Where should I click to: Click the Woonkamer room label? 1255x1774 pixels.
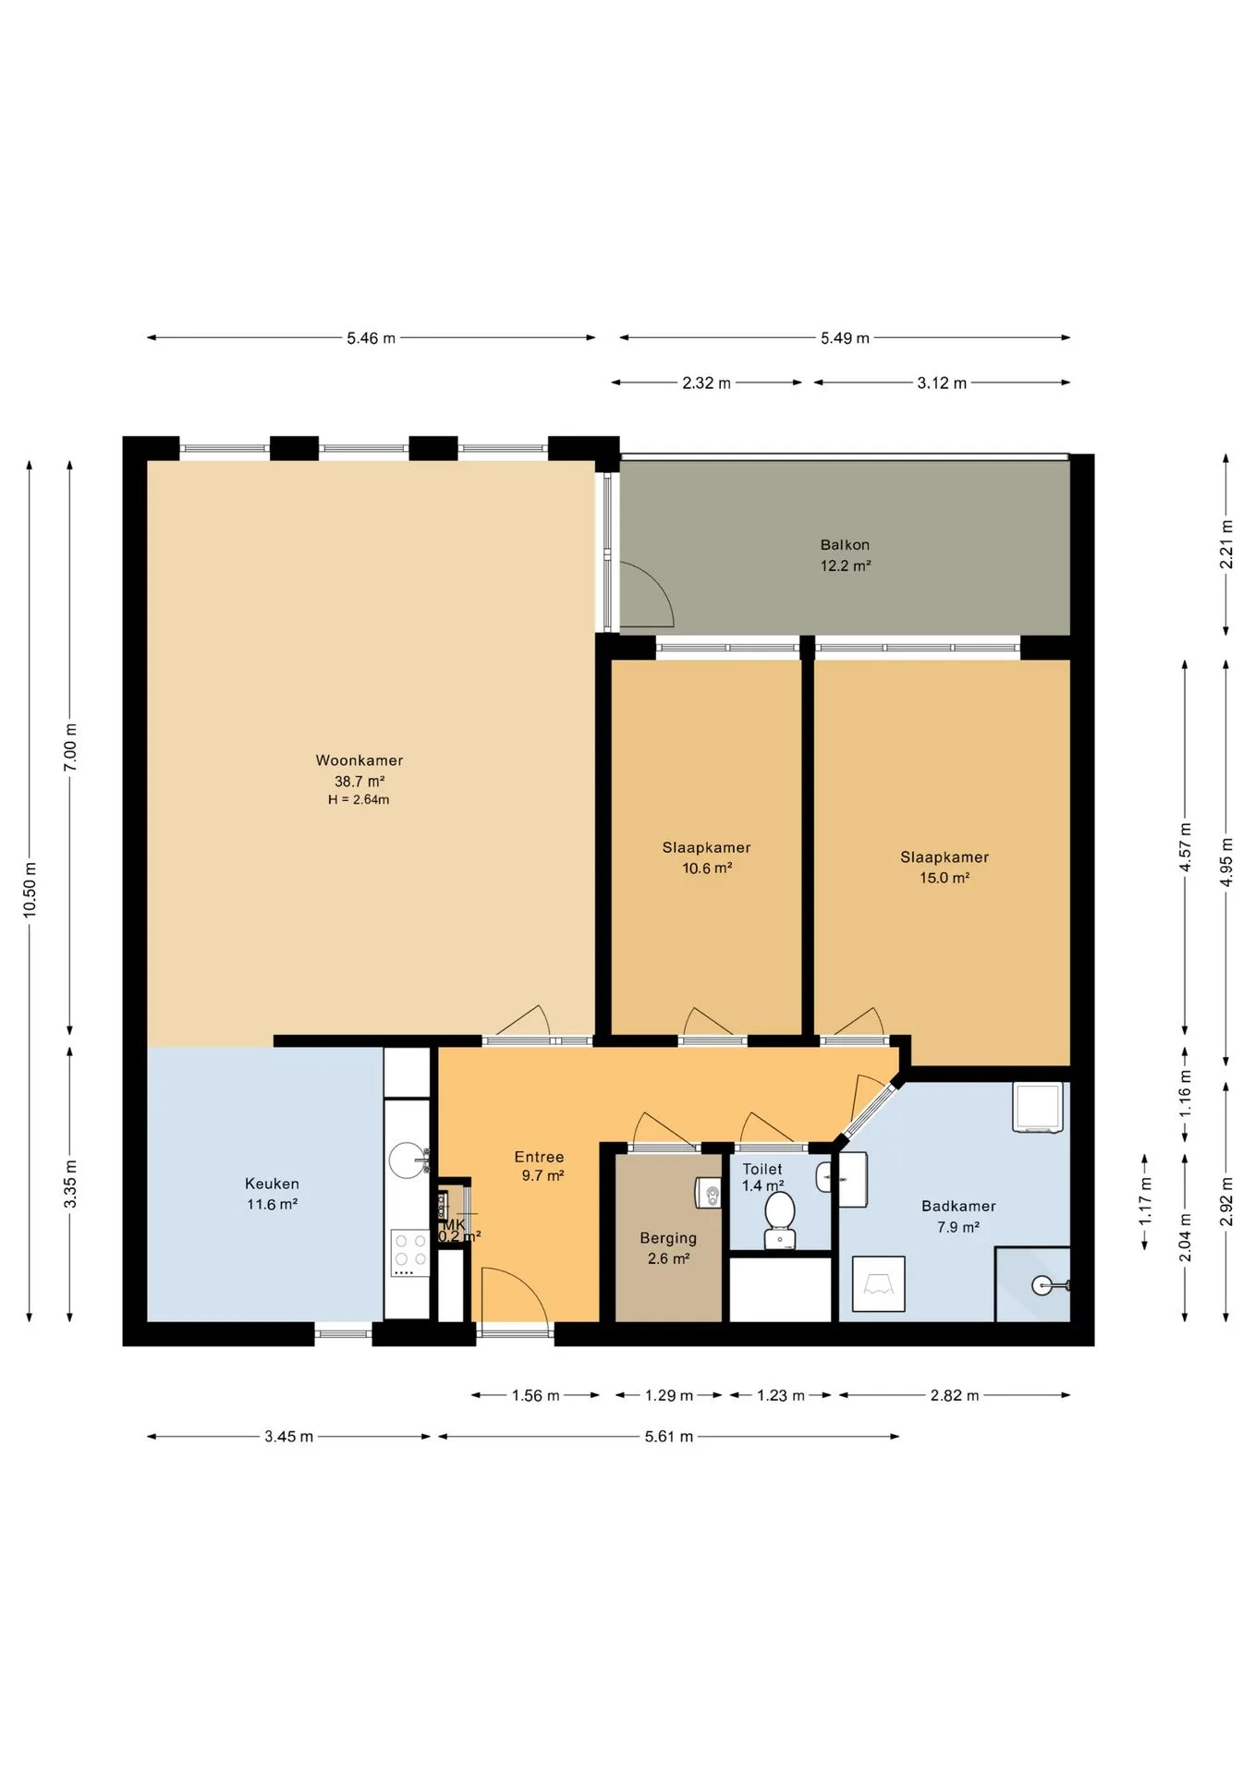(x=359, y=760)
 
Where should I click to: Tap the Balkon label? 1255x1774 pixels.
(x=845, y=545)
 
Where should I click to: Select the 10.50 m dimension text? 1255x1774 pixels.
(x=30, y=889)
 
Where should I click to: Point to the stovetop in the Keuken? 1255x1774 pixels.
(x=408, y=1252)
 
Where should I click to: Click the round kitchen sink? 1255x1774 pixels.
(x=408, y=1160)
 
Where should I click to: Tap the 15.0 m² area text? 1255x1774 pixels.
(x=944, y=878)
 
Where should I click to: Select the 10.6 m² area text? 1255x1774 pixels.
(x=707, y=868)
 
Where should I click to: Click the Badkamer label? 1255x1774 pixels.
(x=958, y=1206)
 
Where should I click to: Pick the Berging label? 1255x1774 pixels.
(x=668, y=1238)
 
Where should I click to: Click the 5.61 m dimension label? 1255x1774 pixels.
(x=669, y=1436)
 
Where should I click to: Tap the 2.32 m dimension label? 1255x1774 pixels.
(x=706, y=383)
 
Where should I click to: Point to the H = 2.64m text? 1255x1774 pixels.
(x=359, y=799)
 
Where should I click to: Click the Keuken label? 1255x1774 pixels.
(x=272, y=1184)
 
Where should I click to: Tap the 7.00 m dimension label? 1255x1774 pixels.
(x=70, y=747)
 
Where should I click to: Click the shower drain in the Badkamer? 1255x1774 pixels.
(x=1042, y=1286)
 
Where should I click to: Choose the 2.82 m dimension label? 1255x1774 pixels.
(x=955, y=1395)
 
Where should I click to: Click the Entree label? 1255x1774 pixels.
(x=539, y=1157)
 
